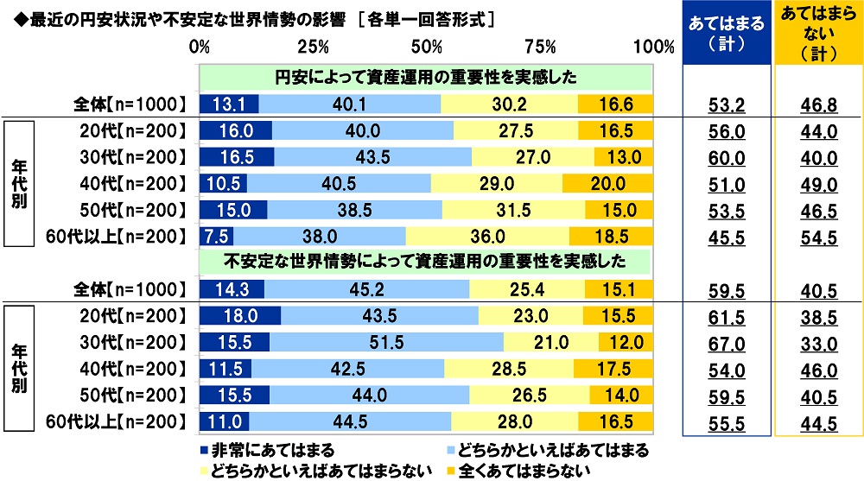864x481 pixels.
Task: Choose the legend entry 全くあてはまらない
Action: tap(537, 471)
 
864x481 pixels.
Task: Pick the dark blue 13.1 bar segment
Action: tap(229, 104)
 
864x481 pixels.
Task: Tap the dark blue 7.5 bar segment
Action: tap(216, 236)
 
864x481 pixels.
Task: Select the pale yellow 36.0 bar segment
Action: tap(487, 236)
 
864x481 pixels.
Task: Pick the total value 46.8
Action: tap(817, 105)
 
